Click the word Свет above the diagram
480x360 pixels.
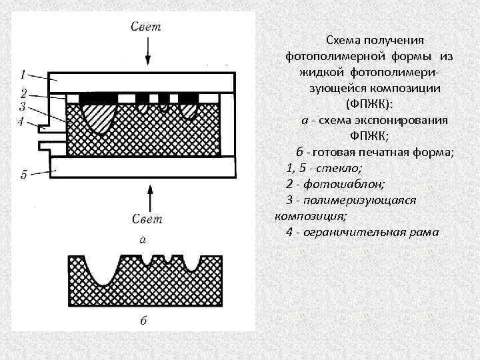[147, 27]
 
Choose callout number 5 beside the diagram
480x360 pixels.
[23, 175]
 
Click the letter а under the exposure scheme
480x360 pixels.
[143, 238]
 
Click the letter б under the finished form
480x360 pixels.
[143, 320]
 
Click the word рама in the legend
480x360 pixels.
[425, 232]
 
